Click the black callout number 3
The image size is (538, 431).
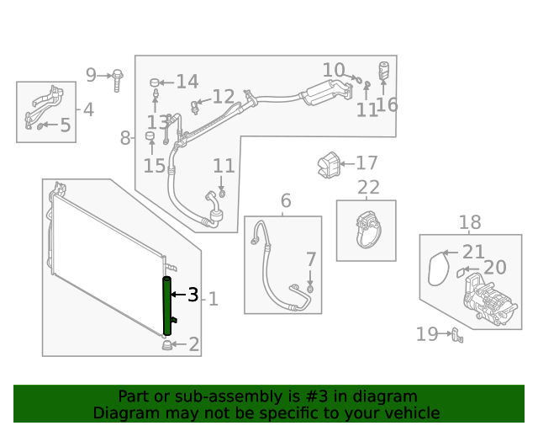[x=193, y=295]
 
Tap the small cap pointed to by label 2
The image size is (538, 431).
[x=166, y=344]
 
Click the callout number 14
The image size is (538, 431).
[x=187, y=82]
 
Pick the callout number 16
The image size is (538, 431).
[x=387, y=104]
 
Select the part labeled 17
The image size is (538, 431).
[x=328, y=163]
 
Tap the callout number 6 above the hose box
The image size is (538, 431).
[x=286, y=200]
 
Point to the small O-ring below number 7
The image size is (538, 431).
[x=310, y=289]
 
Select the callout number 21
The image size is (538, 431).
[x=474, y=251]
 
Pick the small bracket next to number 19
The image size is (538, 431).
[x=457, y=336]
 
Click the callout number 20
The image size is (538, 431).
[x=495, y=268]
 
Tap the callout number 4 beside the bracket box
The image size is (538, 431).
[x=88, y=109]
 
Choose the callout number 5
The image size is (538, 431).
[x=65, y=126]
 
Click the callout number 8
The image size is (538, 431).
[x=125, y=138]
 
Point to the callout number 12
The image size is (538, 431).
[x=223, y=98]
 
